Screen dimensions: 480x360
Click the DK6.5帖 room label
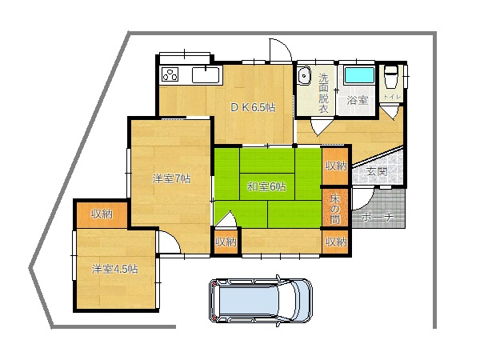click(x=253, y=107)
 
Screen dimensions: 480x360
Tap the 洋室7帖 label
click(x=171, y=178)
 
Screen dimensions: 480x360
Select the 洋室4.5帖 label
click(x=114, y=269)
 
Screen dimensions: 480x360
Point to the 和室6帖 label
click(x=266, y=186)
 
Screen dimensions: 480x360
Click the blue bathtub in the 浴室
click(x=359, y=76)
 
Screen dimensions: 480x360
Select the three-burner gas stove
click(x=170, y=74)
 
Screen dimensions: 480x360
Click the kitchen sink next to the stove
click(x=206, y=75)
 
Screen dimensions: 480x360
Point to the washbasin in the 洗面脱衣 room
click(x=304, y=76)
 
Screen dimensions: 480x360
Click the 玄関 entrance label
click(x=377, y=171)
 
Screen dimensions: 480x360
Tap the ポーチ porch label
click(x=377, y=217)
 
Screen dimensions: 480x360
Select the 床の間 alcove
click(x=335, y=208)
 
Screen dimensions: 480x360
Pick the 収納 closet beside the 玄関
click(x=335, y=166)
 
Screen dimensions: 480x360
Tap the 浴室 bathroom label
click(x=358, y=101)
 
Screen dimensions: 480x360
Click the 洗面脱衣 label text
click(x=323, y=93)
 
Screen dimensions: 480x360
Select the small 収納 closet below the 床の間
click(x=335, y=242)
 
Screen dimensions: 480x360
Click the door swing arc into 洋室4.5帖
click(x=174, y=238)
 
